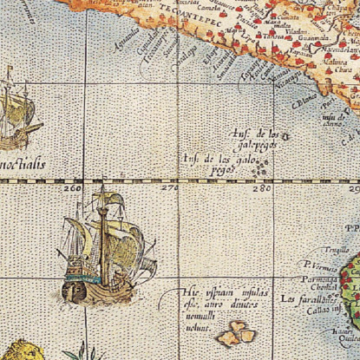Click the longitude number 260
pyautogui.click(x=73, y=187)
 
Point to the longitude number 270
pyautogui.click(x=167, y=187)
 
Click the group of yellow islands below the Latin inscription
pyautogui.click(x=234, y=333)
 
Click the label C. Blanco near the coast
pyautogui.click(x=301, y=102)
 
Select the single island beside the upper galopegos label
pyautogui.click(x=287, y=134)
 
